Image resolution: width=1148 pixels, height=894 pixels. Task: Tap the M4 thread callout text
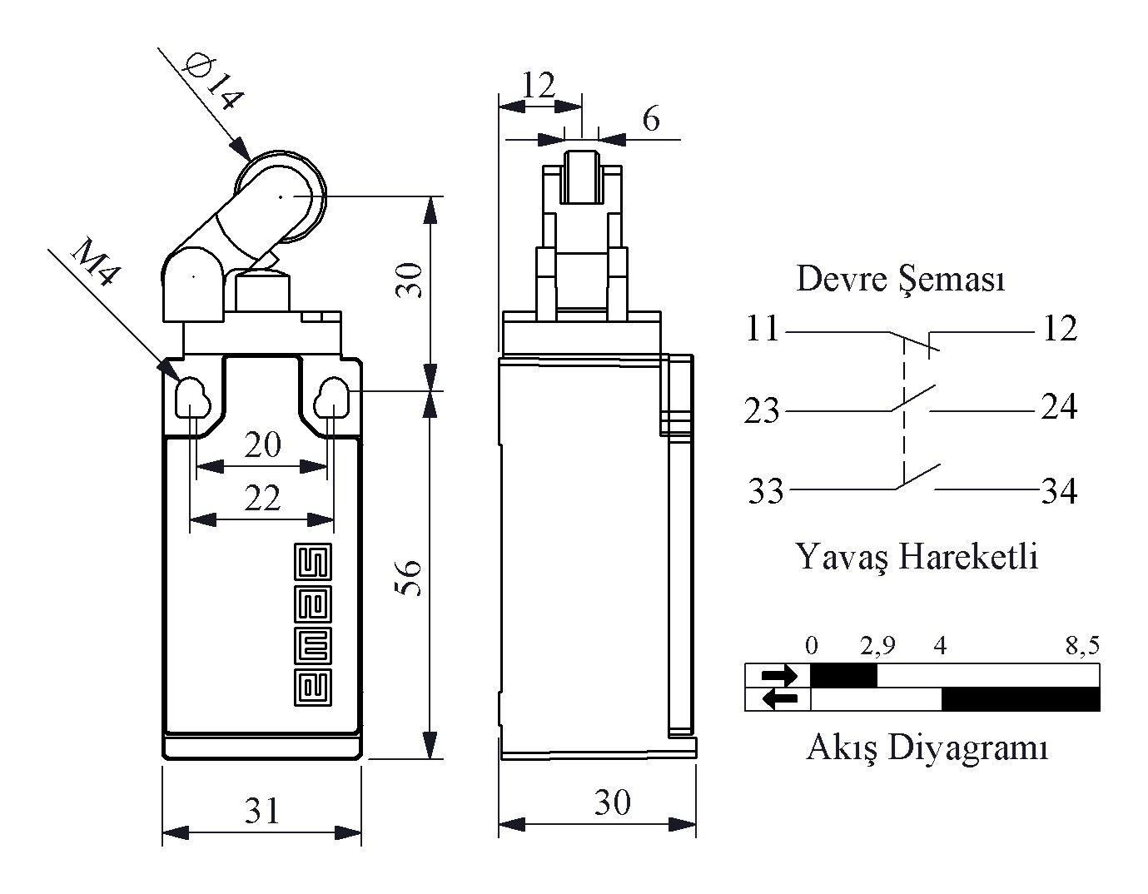coord(94,261)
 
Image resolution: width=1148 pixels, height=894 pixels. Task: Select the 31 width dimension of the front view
coord(261,811)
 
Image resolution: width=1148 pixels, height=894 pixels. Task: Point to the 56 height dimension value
coord(410,578)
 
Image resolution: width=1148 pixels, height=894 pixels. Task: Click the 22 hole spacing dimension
coord(262,498)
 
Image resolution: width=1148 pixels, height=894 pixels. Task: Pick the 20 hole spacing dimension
coord(262,445)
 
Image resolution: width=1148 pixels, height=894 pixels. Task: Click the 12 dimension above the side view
coord(539,84)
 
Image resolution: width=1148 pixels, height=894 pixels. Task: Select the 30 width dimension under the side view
coord(613,802)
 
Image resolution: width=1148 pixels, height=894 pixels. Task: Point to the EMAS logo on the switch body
coord(313,624)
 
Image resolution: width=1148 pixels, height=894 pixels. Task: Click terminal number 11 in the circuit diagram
coord(763,329)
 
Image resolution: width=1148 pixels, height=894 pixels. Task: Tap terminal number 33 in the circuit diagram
coord(766,490)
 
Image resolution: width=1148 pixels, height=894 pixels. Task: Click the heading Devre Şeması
coord(900,278)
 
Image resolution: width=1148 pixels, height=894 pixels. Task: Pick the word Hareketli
coord(968,556)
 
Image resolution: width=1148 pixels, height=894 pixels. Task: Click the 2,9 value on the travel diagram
coord(878,646)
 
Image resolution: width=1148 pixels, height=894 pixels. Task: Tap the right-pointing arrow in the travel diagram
coord(780,675)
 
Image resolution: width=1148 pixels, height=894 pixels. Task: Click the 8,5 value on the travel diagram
coord(1082,646)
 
